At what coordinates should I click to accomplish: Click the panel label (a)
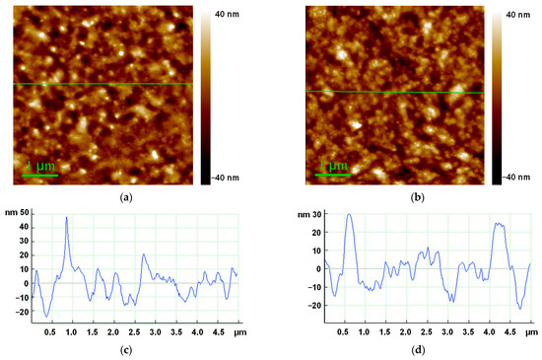125,197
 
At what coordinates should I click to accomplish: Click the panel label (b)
416,197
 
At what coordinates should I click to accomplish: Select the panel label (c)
125,351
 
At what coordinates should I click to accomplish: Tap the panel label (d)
416,351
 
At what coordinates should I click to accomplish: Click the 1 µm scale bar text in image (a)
40,167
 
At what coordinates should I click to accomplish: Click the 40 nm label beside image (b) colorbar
518,16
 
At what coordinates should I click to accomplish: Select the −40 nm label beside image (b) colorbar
518,178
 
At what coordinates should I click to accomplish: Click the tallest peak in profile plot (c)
67,217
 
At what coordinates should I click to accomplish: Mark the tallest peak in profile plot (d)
349,215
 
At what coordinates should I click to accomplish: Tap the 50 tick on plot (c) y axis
24,212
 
